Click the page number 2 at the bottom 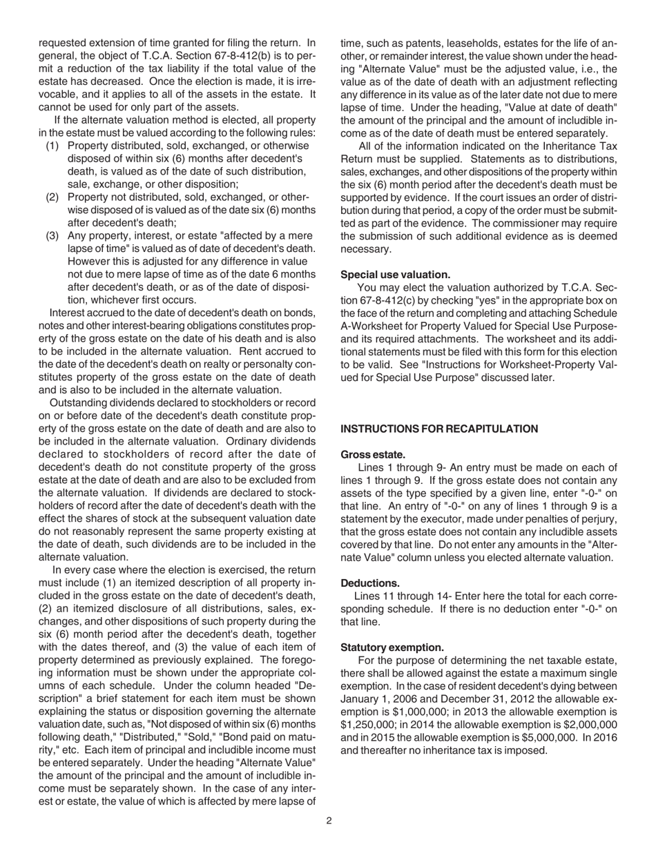(x=329, y=821)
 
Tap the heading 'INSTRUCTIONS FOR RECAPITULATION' (x=439, y=429)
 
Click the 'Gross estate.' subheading (x=373, y=454)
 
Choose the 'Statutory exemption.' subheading (x=392, y=647)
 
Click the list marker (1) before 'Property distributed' (x=53, y=146)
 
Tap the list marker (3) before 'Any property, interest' (x=53, y=235)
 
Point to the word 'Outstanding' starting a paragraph (x=79, y=402)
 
